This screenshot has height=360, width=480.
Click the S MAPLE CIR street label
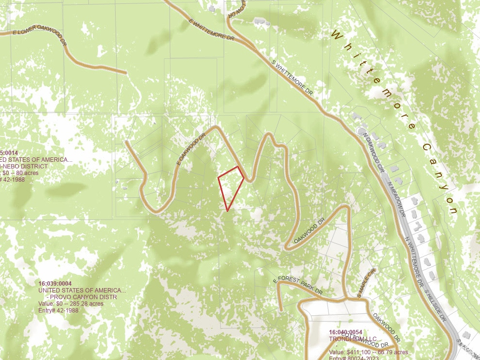pyautogui.click(x=366, y=283)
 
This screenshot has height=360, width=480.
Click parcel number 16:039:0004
pyautogui.click(x=55, y=284)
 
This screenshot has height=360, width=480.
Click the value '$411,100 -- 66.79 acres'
pyautogui.click(x=368, y=352)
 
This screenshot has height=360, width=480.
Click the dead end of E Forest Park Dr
pyautogui.click(x=281, y=309)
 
